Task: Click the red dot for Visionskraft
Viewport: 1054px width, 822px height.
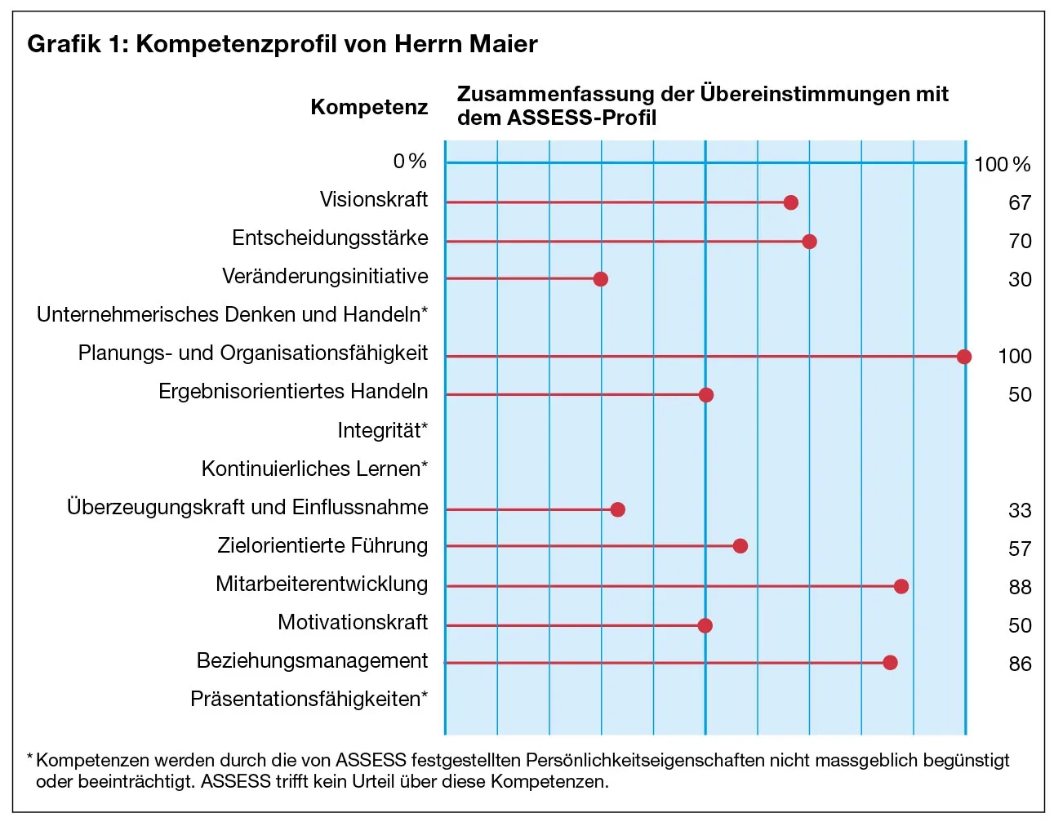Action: [x=790, y=202]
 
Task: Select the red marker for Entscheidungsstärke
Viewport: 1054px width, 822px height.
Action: [x=809, y=242]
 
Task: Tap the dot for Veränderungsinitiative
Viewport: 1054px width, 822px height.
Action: [x=600, y=279]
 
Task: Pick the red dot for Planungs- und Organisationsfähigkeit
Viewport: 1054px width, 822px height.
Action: [x=963, y=357]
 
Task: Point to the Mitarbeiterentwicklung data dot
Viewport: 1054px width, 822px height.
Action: [x=901, y=586]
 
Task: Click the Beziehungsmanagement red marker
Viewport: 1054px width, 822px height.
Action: [x=890, y=663]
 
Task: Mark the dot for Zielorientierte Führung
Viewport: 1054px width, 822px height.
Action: [x=740, y=546]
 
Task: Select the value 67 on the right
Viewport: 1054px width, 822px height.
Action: [x=1020, y=203]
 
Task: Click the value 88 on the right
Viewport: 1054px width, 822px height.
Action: [x=1020, y=588]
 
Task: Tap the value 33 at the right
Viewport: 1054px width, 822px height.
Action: [x=1020, y=511]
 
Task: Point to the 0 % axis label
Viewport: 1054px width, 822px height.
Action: [x=410, y=162]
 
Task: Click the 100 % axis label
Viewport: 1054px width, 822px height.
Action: [x=1002, y=165]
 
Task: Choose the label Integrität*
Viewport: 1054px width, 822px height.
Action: [x=382, y=430]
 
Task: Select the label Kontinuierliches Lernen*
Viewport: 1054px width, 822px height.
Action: [x=314, y=469]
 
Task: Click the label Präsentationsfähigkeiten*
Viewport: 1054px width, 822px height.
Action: [x=309, y=699]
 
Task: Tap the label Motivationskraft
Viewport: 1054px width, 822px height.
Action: [x=353, y=623]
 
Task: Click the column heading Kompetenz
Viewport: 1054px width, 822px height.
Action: [x=369, y=108]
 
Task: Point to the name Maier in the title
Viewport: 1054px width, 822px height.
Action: [x=503, y=44]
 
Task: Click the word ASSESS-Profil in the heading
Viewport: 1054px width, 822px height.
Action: [x=581, y=118]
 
